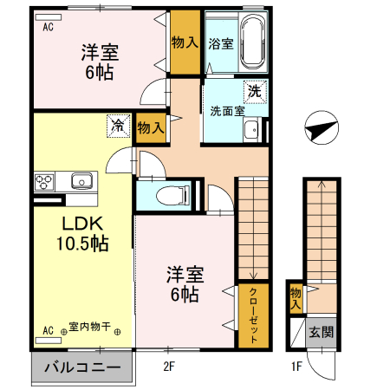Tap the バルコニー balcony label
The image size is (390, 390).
pos(82,367)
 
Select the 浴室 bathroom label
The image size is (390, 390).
pos(221,44)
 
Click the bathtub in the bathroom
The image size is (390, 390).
pos(253,42)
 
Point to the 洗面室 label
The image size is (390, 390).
pos(226,110)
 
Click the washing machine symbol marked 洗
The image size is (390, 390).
pos(255,90)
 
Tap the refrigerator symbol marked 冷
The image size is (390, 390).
pos(118,126)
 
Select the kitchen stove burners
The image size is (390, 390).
pos(45,182)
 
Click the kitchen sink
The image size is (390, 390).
pos(81,182)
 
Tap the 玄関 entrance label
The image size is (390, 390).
pos(320,332)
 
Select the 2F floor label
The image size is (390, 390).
pos(170,366)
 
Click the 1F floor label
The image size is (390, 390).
pos(296,366)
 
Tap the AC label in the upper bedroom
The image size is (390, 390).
pos(48,26)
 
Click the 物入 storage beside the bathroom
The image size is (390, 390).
pos(185,42)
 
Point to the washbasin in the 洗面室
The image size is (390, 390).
pos(251,131)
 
